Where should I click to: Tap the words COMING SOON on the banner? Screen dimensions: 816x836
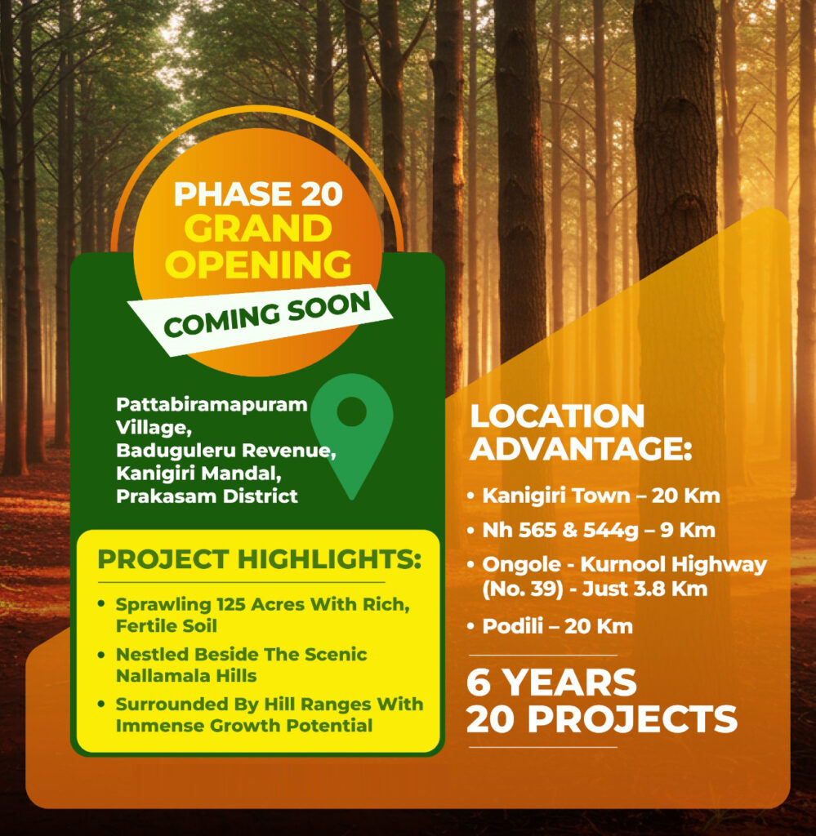[267, 315]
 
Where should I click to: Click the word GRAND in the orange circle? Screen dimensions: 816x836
[258, 229]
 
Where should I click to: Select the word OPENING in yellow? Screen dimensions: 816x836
[258, 264]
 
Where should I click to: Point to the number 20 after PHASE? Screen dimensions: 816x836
[321, 194]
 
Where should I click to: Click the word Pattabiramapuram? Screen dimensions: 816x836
[212, 405]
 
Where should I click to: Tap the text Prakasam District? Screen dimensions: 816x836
[207, 496]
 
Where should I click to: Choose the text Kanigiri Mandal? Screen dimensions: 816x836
[198, 474]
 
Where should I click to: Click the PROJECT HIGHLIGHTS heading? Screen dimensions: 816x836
[259, 559]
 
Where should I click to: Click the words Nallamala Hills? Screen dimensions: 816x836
[186, 676]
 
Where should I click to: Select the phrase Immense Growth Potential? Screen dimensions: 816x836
[243, 726]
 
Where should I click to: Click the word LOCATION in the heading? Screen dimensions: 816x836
[557, 416]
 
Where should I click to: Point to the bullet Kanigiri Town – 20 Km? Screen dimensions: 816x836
[593, 496]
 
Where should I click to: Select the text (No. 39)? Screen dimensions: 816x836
[523, 589]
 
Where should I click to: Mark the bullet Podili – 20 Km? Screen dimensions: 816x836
[550, 626]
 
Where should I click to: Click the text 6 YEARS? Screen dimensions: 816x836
[551, 683]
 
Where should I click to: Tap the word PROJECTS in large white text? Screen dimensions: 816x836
[632, 719]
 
